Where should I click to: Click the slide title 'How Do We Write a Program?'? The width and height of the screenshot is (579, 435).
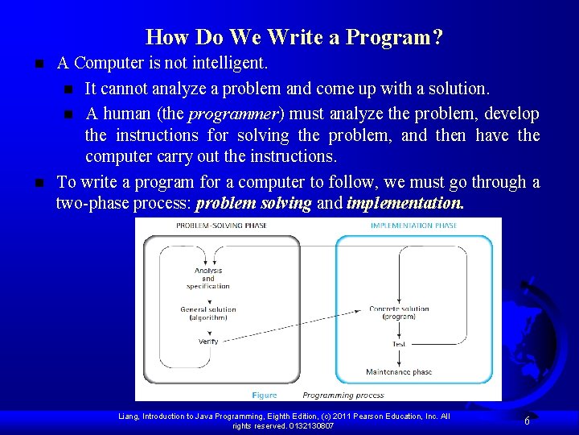click(294, 37)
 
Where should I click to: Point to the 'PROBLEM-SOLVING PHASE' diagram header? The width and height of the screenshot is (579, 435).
click(221, 226)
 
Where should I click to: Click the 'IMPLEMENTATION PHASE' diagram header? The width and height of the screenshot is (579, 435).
click(413, 226)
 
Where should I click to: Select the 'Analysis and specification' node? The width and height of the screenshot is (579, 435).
click(207, 278)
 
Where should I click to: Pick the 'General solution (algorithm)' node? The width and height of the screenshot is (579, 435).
click(207, 313)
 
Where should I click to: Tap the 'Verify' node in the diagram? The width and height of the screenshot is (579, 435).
click(208, 342)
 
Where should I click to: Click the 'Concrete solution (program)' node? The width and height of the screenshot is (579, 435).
click(399, 313)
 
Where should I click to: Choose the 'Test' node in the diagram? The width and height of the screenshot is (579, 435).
click(399, 344)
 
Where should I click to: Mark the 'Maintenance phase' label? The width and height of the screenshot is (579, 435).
click(399, 372)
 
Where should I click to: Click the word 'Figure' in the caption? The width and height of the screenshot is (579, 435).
click(264, 395)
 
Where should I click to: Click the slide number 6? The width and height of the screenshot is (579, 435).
click(526, 420)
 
